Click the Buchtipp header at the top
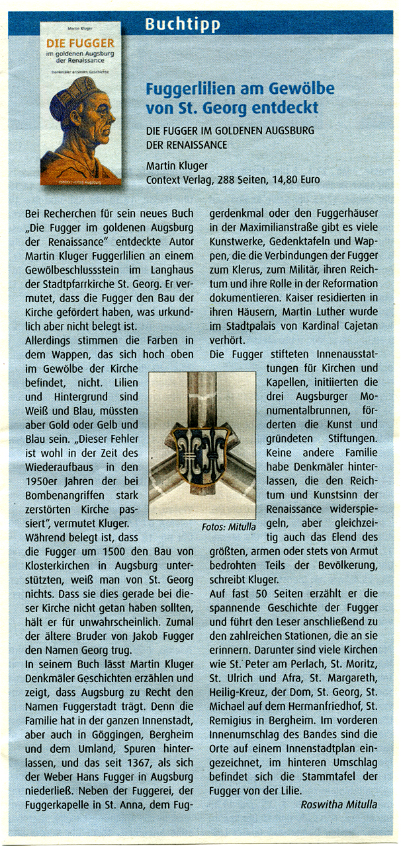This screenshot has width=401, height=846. click(183, 25)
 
